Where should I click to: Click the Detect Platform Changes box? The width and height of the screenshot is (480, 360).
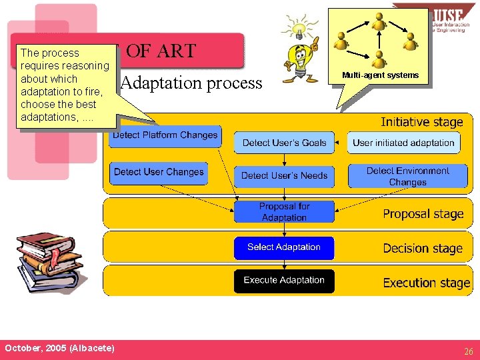point(165,137)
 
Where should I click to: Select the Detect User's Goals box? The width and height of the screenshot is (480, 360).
point(285,143)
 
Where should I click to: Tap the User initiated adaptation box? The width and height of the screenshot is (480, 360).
point(403,143)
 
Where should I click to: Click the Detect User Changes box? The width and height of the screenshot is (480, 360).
point(159,173)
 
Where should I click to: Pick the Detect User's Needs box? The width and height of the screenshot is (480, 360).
point(285,176)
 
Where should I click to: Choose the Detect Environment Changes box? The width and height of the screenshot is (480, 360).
point(407,176)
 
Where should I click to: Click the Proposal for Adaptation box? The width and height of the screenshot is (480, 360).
point(285,212)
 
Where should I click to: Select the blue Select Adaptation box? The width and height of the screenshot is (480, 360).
point(284,247)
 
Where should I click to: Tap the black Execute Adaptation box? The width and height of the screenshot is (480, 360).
point(284,281)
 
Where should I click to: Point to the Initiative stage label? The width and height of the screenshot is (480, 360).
point(421,122)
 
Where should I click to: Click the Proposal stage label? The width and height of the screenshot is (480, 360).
point(423,214)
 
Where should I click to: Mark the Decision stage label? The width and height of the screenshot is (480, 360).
point(422,249)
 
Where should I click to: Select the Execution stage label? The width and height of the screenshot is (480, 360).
point(426,283)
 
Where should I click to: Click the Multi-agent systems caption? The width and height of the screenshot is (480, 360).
point(380,75)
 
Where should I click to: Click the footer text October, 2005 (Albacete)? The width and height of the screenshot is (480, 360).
point(59,349)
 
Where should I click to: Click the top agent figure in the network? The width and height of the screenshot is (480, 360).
point(379,21)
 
